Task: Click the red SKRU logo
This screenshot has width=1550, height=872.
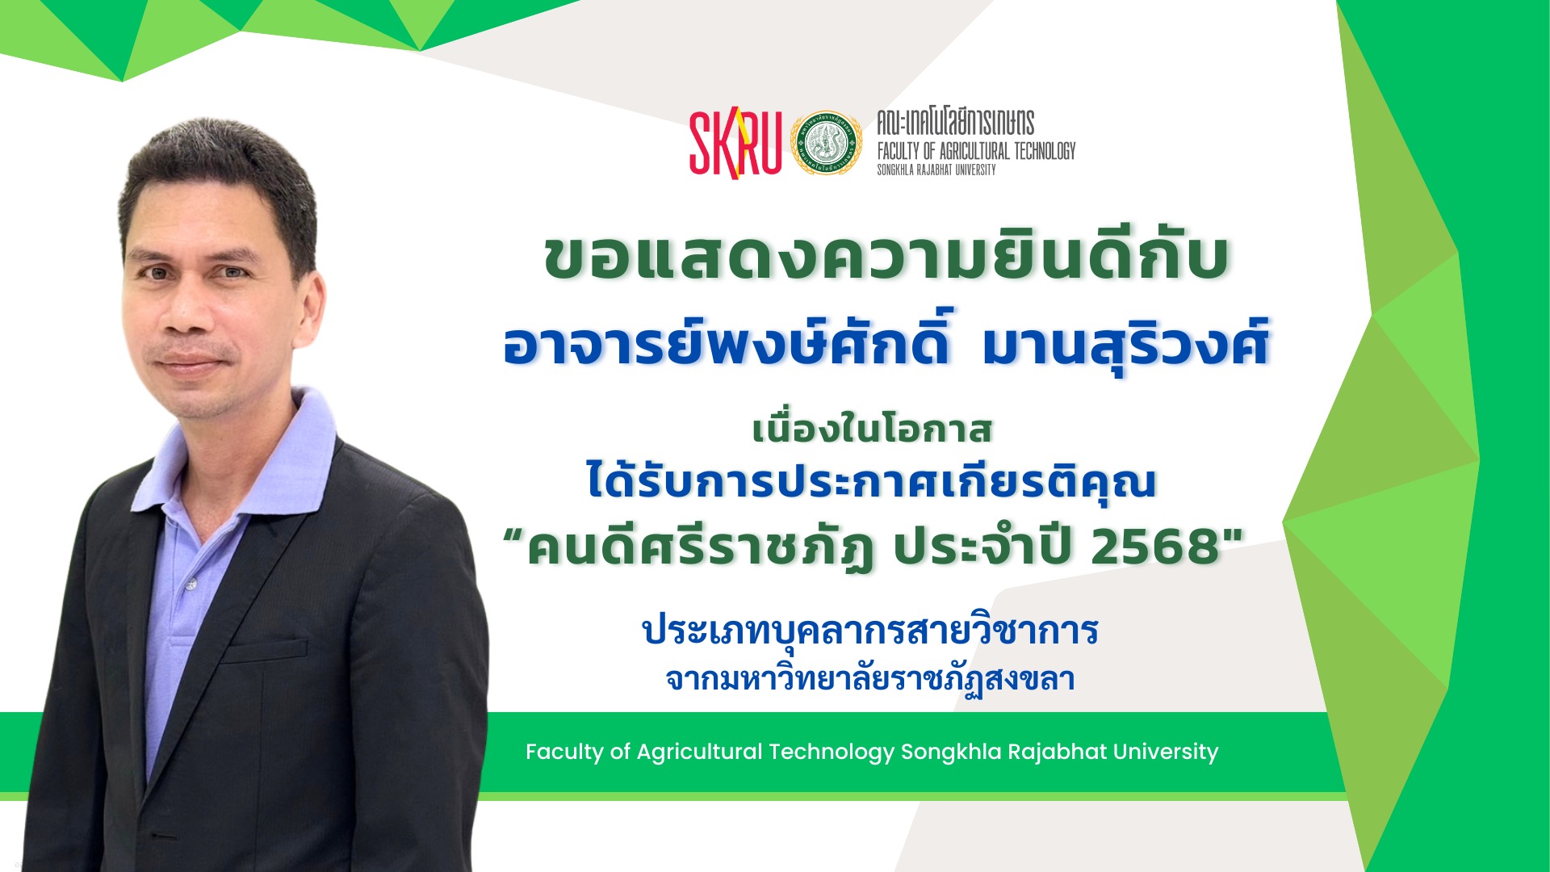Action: pyautogui.click(x=735, y=143)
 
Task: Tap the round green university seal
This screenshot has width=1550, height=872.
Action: pyautogui.click(x=826, y=144)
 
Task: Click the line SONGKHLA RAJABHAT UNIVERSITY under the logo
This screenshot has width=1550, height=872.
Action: pyautogui.click(x=936, y=170)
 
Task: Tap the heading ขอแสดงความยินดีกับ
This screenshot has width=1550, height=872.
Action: pyautogui.click(x=886, y=257)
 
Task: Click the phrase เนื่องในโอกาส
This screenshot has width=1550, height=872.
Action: pyautogui.click(x=872, y=428)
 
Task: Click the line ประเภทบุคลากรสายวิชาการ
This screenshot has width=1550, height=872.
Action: pyautogui.click(x=870, y=631)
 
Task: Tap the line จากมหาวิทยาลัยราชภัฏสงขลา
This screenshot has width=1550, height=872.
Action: pyautogui.click(x=870, y=679)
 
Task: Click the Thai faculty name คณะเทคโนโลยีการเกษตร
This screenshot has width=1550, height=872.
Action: pyautogui.click(x=956, y=123)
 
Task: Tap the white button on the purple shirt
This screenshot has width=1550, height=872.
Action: pyautogui.click(x=191, y=584)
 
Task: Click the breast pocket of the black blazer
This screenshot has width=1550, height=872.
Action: pyautogui.click(x=266, y=651)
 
